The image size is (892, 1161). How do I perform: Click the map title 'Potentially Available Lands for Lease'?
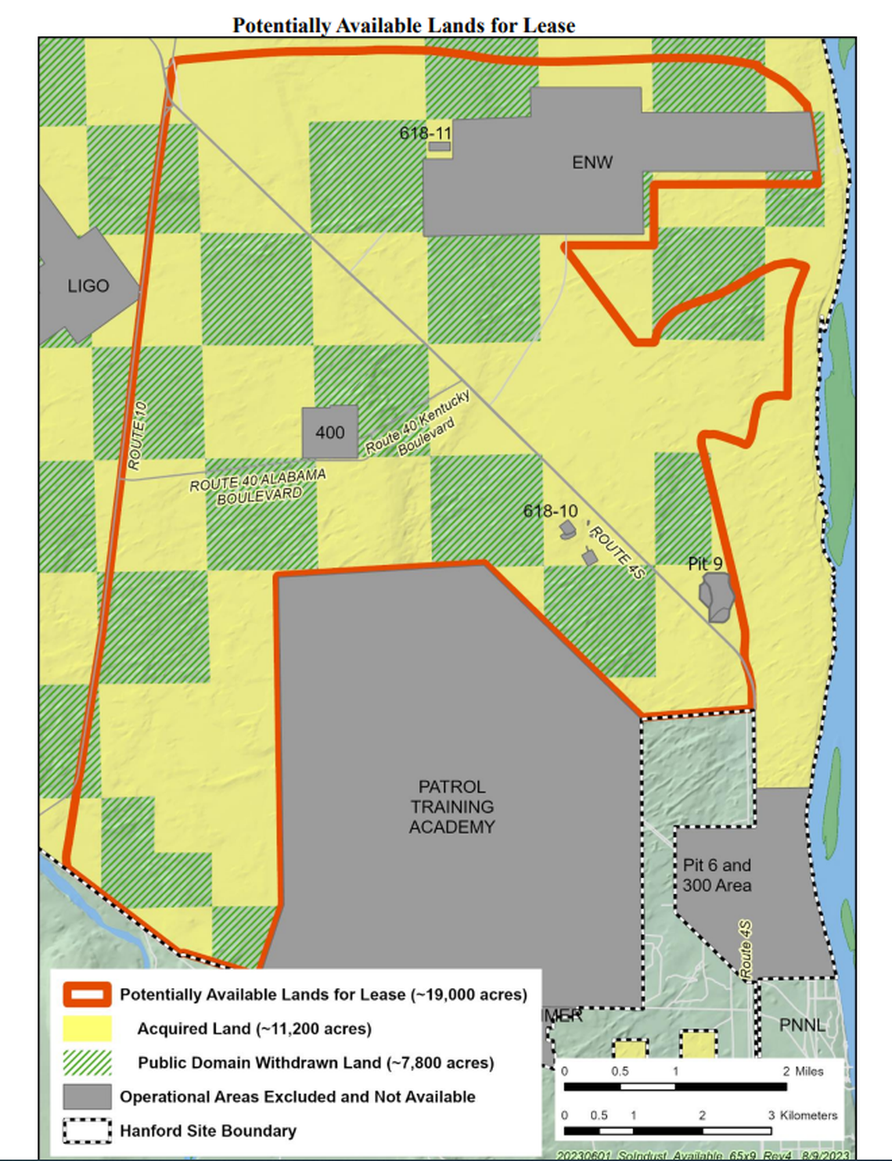coord(404,26)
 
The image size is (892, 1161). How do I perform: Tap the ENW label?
coord(592,163)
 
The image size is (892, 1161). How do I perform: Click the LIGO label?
coord(88,286)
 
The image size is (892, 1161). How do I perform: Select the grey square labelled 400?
coord(330,432)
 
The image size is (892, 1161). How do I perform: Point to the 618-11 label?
coord(425,133)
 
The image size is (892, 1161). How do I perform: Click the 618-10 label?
coord(550,511)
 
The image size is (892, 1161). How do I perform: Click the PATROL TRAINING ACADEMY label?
coord(452,807)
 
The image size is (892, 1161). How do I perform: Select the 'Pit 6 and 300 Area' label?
coord(717,875)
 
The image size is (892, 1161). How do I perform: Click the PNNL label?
coord(802,1024)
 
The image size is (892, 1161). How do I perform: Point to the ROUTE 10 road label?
coord(137,436)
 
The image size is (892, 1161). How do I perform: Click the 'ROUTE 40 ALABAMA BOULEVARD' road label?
coord(257,486)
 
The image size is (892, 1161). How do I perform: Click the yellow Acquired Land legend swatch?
coord(87,1029)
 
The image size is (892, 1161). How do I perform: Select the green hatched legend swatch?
coord(87,1063)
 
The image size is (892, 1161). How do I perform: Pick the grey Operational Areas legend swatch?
coord(87,1097)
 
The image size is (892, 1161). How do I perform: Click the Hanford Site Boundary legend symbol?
coord(87,1131)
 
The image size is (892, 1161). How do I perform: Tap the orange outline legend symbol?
coord(87,995)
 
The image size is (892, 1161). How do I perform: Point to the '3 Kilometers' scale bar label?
coord(803,1116)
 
